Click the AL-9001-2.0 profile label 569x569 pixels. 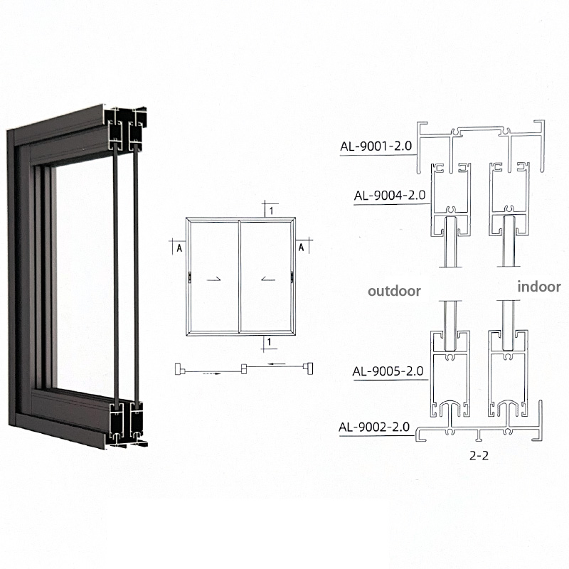(376, 147)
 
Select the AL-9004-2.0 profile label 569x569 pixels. (390, 196)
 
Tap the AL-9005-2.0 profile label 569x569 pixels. (388, 371)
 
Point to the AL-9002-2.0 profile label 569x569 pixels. (374, 427)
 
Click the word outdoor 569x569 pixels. (394, 291)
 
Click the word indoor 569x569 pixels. (539, 287)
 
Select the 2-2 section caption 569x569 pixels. (479, 455)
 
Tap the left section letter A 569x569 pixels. (179, 248)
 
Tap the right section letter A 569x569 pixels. (301, 248)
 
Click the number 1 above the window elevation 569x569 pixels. (271, 211)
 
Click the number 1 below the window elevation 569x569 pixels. (269, 342)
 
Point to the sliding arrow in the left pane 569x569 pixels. (213, 279)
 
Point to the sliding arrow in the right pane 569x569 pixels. (268, 279)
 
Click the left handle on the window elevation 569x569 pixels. (190, 277)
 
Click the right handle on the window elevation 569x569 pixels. (292, 277)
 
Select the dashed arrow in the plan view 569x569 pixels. (211, 373)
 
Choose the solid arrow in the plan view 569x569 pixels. (277, 363)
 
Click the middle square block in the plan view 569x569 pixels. (245, 369)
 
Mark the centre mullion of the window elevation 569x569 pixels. (239, 277)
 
